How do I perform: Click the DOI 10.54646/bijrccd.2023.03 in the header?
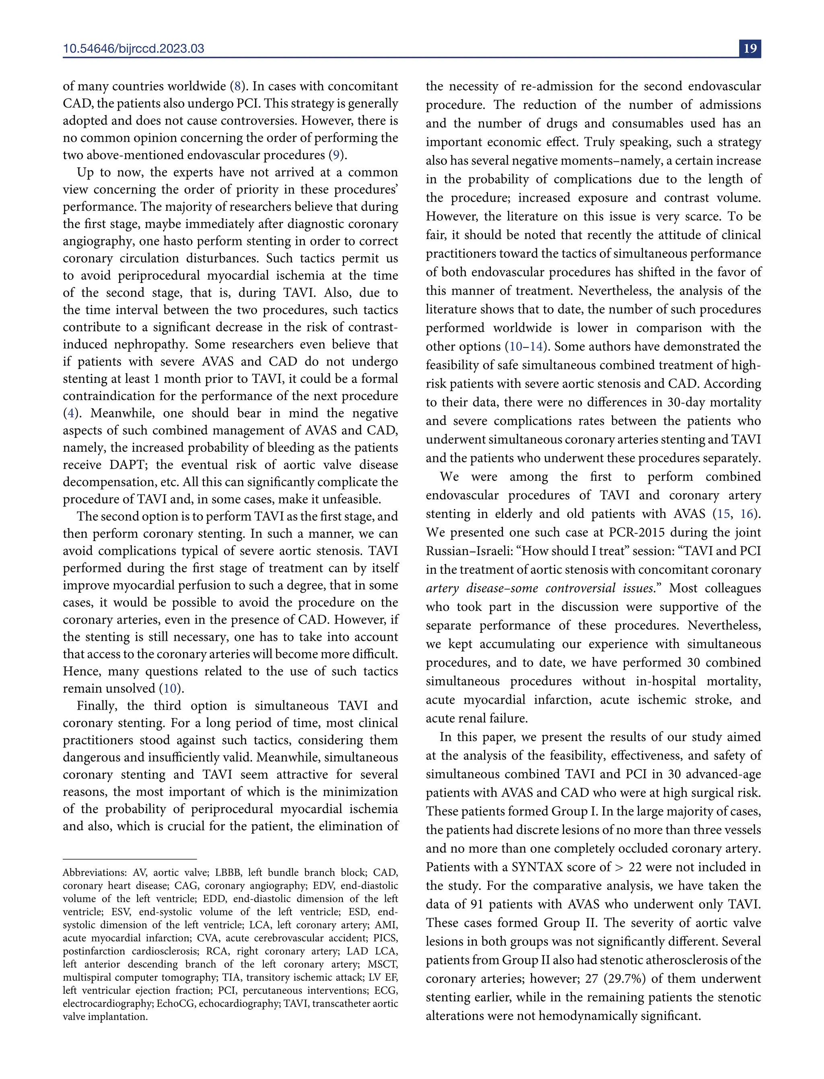(134, 49)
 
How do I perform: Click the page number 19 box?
(750, 49)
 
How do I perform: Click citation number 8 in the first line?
(237, 86)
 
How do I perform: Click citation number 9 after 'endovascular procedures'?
(336, 155)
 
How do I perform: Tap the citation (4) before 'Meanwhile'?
(71, 413)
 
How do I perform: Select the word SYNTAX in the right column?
(537, 867)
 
